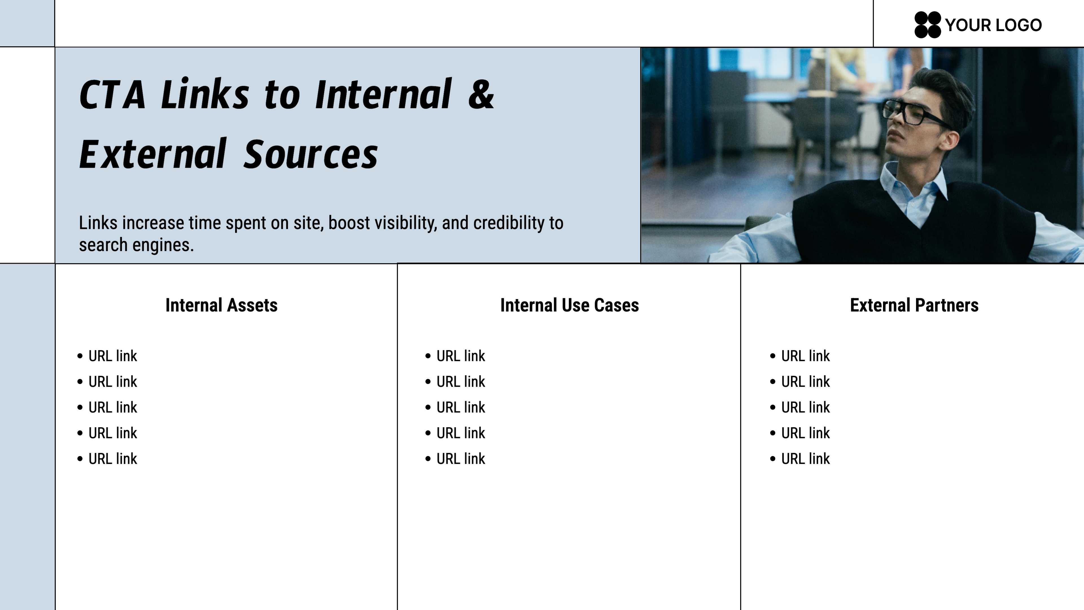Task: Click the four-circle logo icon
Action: coord(927,25)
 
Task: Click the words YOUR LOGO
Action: coord(994,25)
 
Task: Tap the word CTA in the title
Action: coord(112,95)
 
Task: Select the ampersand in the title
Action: coord(480,94)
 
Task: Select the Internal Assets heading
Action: coord(221,305)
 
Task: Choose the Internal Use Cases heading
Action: coord(569,305)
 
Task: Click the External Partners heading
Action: coord(914,305)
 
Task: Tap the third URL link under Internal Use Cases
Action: coord(461,408)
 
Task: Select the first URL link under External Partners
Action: coord(805,356)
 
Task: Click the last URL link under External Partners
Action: coord(805,459)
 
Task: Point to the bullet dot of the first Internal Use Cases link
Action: coord(428,356)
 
